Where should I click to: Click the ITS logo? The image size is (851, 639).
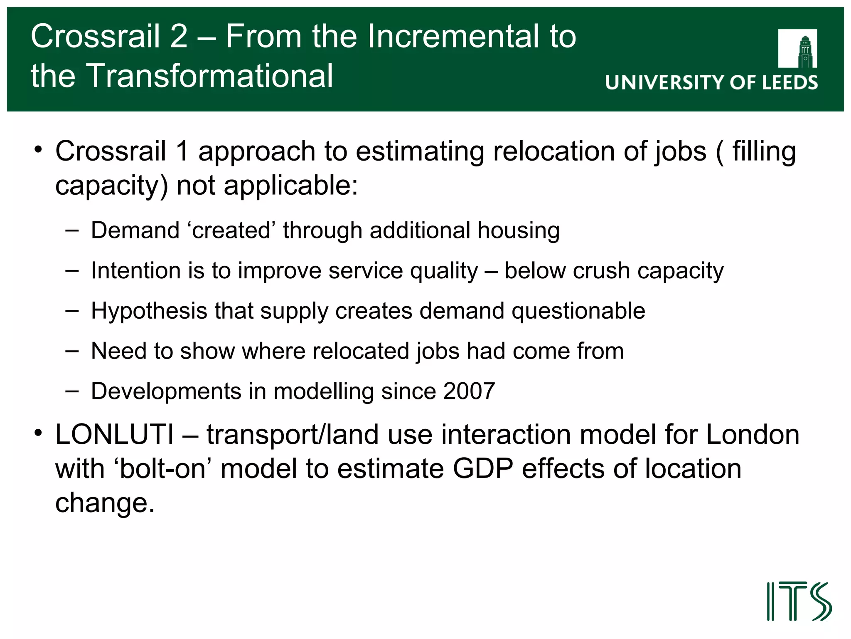[x=799, y=601]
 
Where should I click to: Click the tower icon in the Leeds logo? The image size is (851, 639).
[x=805, y=52]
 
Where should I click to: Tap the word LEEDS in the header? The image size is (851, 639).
[x=789, y=82]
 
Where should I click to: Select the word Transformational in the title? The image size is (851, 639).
[x=209, y=76]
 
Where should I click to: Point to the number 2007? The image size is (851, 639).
[x=469, y=391]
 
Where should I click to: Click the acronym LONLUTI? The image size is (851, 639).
[x=115, y=435]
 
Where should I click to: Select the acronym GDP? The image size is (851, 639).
[x=483, y=469]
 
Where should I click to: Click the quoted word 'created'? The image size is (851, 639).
[x=231, y=230]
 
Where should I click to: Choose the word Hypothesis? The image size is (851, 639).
[x=149, y=311]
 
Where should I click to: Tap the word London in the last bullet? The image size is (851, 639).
[x=753, y=435]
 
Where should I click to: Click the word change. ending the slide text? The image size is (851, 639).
[x=105, y=503]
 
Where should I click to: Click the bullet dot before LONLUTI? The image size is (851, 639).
[x=39, y=433]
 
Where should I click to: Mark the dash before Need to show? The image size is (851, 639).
[x=72, y=351]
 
